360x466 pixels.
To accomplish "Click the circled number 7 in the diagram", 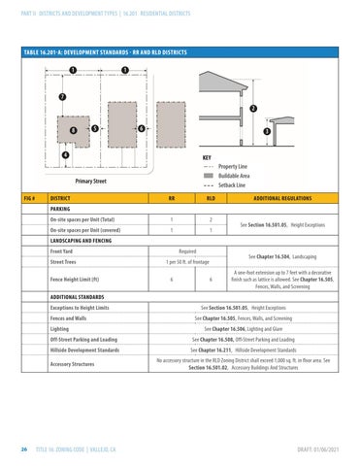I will pyautogui.click(x=63, y=97).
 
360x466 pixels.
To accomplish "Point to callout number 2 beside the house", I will pyautogui.click(x=252, y=108).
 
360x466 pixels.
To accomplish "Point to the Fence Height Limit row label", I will pyautogui.click(x=75, y=280).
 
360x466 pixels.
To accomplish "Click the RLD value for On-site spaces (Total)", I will pyautogui.click(x=210, y=220).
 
